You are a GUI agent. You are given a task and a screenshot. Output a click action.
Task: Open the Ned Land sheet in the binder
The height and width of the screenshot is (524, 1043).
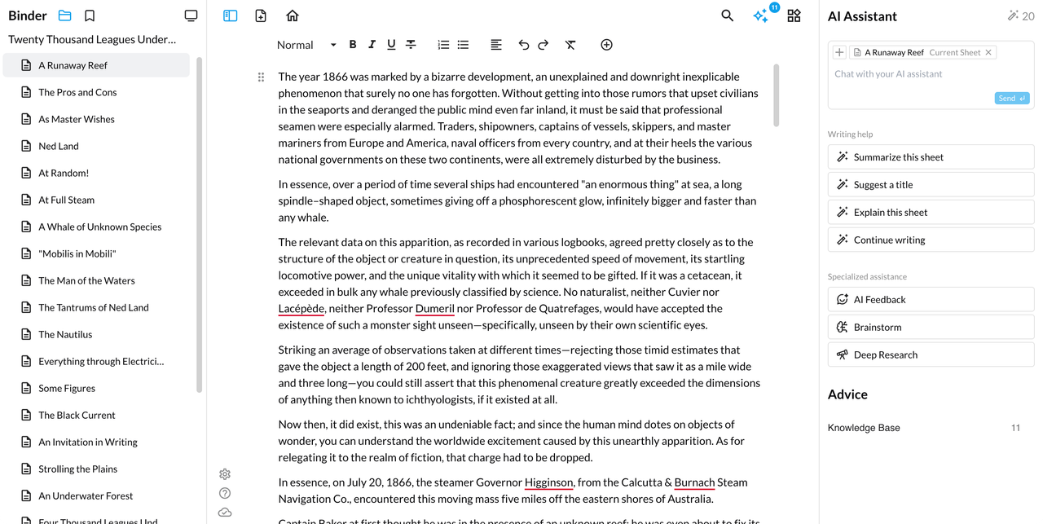pyautogui.click(x=59, y=146)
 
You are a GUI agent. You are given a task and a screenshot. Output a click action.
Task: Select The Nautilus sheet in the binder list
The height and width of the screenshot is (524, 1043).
pyautogui.click(x=65, y=334)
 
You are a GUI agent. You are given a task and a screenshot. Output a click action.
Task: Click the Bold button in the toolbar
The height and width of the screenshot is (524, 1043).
pyautogui.click(x=353, y=45)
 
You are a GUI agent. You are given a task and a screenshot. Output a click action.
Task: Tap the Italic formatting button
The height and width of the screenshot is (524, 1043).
pyautogui.click(x=372, y=45)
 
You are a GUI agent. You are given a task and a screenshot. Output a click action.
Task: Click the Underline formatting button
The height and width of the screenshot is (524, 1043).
pyautogui.click(x=391, y=45)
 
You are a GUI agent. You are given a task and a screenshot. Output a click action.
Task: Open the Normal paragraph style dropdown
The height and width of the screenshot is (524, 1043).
pyautogui.click(x=306, y=45)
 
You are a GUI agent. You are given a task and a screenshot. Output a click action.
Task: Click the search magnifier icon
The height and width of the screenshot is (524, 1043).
pyautogui.click(x=728, y=15)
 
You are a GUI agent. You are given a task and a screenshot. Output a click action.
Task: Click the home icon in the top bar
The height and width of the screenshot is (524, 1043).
pyautogui.click(x=293, y=15)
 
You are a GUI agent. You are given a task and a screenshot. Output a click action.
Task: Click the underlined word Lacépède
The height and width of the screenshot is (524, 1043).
pyautogui.click(x=301, y=309)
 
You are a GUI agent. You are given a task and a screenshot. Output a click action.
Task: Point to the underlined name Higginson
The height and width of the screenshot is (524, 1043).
pyautogui.click(x=549, y=482)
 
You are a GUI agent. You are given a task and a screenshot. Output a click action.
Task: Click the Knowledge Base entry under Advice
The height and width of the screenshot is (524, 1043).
pyautogui.click(x=864, y=428)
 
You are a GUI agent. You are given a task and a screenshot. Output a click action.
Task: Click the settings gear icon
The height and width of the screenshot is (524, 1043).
pyautogui.click(x=225, y=474)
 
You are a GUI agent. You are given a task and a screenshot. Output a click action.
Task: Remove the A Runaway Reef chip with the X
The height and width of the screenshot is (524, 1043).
pyautogui.click(x=988, y=52)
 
